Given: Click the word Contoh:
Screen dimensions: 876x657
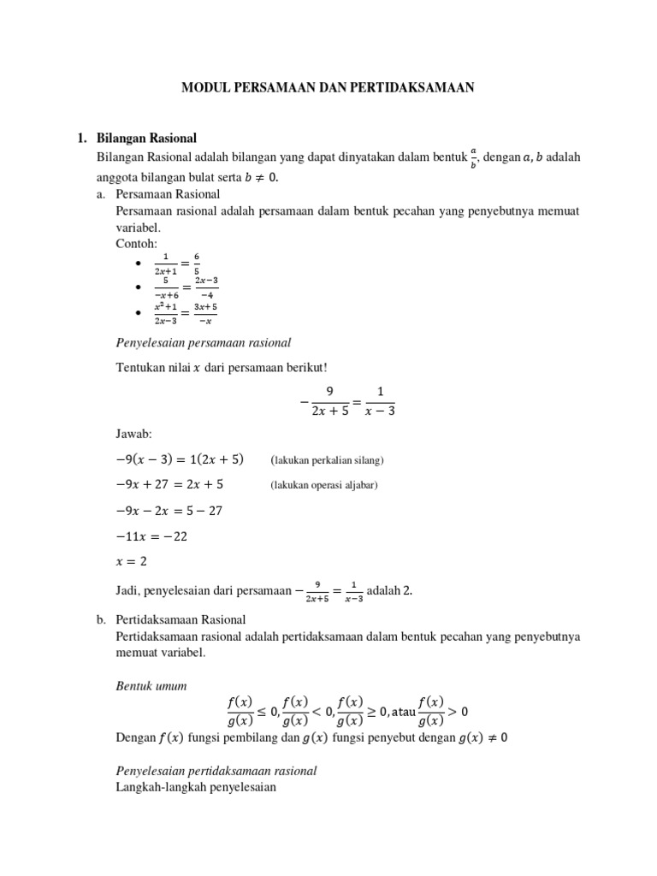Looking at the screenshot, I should pyautogui.click(x=136, y=244).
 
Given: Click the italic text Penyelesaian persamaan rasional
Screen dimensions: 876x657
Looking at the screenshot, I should pyautogui.click(x=204, y=343).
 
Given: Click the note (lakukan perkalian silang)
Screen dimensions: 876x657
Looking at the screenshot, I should pyautogui.click(x=328, y=460).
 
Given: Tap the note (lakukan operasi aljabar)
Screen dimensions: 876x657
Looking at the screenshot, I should pyautogui.click(x=324, y=486).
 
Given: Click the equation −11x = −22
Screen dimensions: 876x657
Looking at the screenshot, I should pyautogui.click(x=151, y=537).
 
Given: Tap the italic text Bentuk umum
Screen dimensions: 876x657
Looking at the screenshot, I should pyautogui.click(x=151, y=687).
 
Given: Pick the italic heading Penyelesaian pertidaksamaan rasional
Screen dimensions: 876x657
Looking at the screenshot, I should pyautogui.click(x=216, y=771).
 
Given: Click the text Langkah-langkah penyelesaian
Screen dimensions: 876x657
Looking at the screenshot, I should pyautogui.click(x=196, y=787).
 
